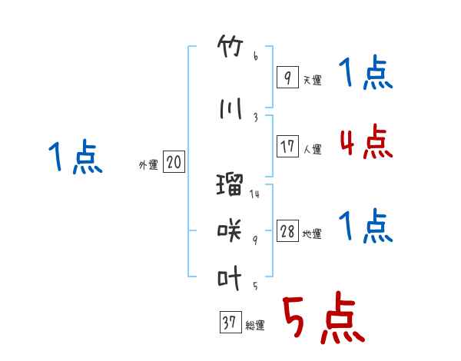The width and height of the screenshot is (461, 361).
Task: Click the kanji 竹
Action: [x=230, y=46]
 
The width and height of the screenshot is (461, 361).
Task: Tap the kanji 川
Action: [x=230, y=108]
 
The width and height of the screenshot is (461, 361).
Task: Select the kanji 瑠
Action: [x=230, y=184]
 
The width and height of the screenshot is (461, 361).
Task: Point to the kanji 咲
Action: [x=229, y=230]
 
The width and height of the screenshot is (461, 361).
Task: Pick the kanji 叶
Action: [x=229, y=277]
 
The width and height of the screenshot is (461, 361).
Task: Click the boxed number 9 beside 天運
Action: [x=287, y=77]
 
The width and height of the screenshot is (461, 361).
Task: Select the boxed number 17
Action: [x=287, y=146]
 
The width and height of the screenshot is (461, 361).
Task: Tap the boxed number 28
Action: [x=287, y=230]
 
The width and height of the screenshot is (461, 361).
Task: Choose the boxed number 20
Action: [x=174, y=162]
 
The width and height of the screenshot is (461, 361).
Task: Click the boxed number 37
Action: [x=230, y=322]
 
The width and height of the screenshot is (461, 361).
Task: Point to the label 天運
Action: [x=313, y=80]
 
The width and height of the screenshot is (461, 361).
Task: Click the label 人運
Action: [x=313, y=149]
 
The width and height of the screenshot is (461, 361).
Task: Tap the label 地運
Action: [x=312, y=233]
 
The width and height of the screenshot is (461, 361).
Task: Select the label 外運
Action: [x=148, y=165]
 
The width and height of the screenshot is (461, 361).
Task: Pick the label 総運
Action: [x=255, y=326]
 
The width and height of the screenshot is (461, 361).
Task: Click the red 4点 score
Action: [x=366, y=142]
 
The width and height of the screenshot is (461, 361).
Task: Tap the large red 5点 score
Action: [x=324, y=317]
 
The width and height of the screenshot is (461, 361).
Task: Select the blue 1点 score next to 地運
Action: [x=366, y=226]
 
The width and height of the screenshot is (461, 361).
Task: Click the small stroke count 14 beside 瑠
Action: [x=254, y=194]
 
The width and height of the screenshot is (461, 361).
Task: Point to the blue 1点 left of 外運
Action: [x=75, y=157]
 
